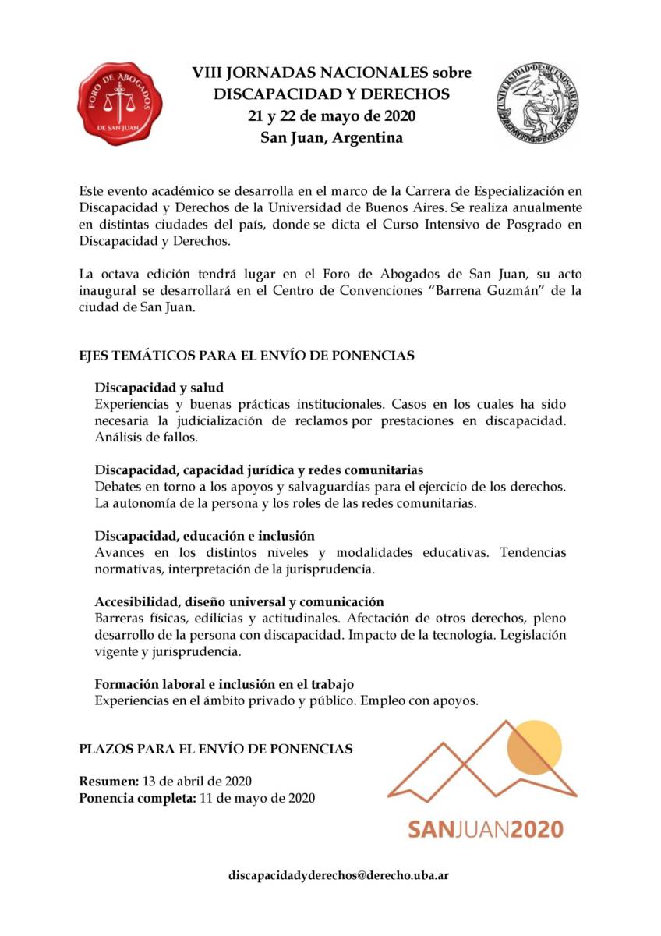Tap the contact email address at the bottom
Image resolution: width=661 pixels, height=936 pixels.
click(x=338, y=874)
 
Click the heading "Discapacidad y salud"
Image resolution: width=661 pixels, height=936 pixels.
click(x=159, y=387)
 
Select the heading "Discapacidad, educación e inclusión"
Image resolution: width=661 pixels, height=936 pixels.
click(x=204, y=536)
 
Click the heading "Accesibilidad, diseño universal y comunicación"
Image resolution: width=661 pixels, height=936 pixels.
click(x=239, y=601)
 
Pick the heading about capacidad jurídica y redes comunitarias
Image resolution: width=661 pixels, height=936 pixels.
click(x=259, y=470)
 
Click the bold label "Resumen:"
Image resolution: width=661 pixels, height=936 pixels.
click(x=109, y=781)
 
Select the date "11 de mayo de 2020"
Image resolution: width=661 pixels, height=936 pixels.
click(x=257, y=798)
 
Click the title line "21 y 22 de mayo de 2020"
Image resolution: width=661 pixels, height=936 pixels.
click(x=332, y=116)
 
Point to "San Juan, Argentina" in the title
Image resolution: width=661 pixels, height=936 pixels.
click(x=332, y=138)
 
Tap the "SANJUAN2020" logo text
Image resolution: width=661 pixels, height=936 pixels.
click(x=484, y=828)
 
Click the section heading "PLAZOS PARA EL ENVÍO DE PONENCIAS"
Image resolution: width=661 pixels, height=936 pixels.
click(x=216, y=749)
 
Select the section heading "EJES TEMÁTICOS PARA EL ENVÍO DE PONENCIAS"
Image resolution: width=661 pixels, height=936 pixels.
click(x=246, y=355)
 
